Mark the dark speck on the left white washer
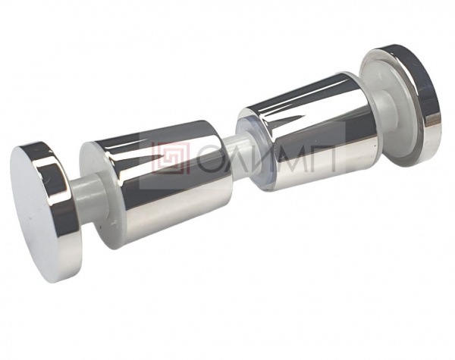pos(100,227)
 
